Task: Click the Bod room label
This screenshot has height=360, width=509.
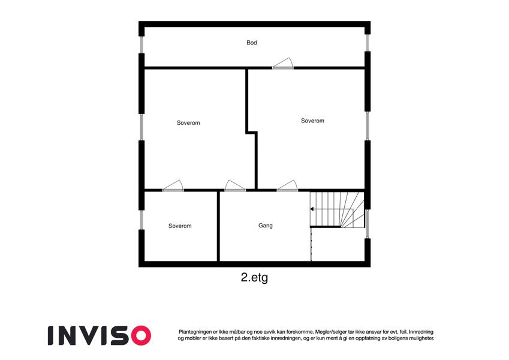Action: coord(252,43)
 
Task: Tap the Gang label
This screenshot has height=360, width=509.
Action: coord(265,226)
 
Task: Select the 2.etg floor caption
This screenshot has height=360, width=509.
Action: coord(254,278)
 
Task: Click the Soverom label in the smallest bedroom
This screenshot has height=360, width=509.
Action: coord(180,226)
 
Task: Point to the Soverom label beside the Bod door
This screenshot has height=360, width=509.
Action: coord(312,121)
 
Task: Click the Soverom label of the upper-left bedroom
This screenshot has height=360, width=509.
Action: coord(188,123)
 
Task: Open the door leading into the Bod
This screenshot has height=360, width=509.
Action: coord(283,64)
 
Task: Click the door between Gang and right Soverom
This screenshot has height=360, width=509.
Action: coord(287,186)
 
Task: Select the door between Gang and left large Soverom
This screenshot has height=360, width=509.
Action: coord(236,186)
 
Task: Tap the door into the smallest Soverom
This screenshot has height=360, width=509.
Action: coord(173,186)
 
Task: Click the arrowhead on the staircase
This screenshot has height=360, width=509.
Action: coord(312,209)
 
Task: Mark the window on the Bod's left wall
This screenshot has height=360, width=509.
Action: coord(141,44)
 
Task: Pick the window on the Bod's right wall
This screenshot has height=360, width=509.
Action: coord(368,43)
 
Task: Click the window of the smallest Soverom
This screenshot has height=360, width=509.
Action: coord(141,220)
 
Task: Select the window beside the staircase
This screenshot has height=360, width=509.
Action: coord(368,224)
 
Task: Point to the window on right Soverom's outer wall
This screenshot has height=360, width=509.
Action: coord(368,126)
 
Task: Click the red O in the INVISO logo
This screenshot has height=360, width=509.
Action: coord(141,335)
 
